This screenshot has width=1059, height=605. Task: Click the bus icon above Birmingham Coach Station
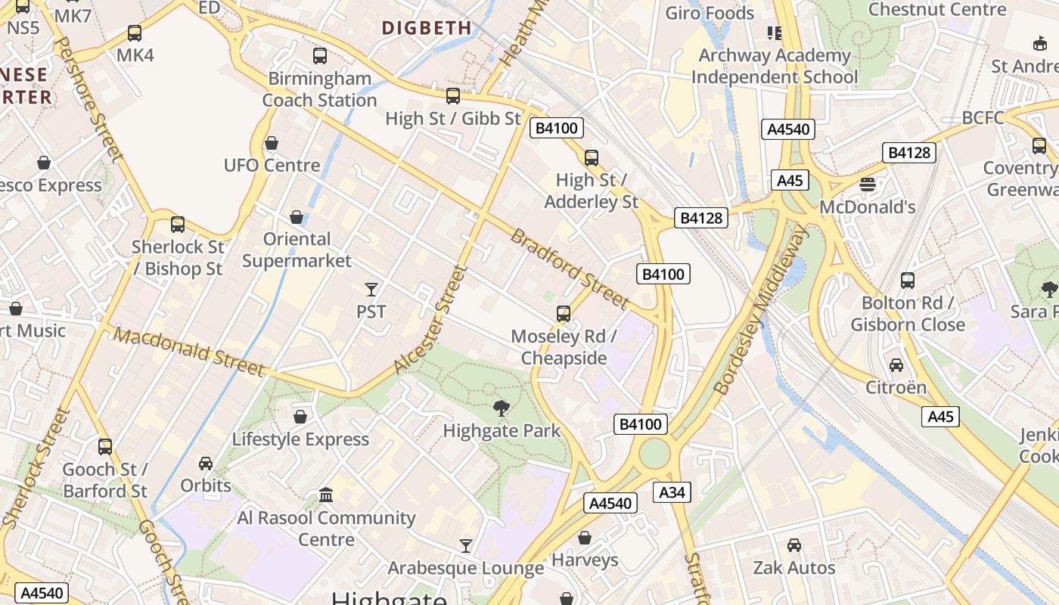(320, 55)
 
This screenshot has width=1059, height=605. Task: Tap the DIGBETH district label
(427, 28)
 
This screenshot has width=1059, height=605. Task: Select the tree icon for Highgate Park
(501, 409)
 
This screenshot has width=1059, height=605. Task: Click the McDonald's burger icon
(867, 185)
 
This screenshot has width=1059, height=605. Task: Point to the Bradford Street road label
(569, 268)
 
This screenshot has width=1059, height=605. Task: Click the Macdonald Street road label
(190, 352)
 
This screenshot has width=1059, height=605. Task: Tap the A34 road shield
(672, 492)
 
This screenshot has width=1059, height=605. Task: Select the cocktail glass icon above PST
(371, 289)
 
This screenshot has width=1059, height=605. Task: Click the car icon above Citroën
(896, 365)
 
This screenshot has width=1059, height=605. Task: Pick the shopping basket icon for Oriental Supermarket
(297, 217)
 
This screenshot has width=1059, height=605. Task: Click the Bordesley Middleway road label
(760, 310)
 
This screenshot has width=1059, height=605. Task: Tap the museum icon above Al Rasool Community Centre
(326, 495)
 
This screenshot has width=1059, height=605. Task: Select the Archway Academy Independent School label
(775, 66)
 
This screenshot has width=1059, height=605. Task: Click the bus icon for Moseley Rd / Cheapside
(563, 314)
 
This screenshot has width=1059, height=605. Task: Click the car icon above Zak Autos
(793, 545)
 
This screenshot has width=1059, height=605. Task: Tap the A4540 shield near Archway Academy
(788, 129)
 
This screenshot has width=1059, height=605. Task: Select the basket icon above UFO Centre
(272, 143)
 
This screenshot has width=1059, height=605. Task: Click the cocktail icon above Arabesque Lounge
(466, 545)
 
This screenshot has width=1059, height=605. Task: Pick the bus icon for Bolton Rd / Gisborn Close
(908, 281)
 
